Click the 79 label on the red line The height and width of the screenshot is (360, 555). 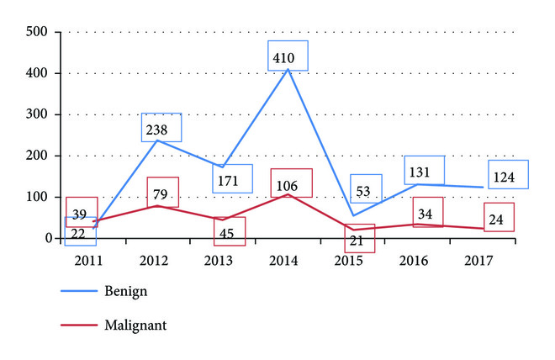pos(162,194)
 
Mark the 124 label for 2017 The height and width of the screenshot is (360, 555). pos(508,176)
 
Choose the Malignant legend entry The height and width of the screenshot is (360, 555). pos(135,322)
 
